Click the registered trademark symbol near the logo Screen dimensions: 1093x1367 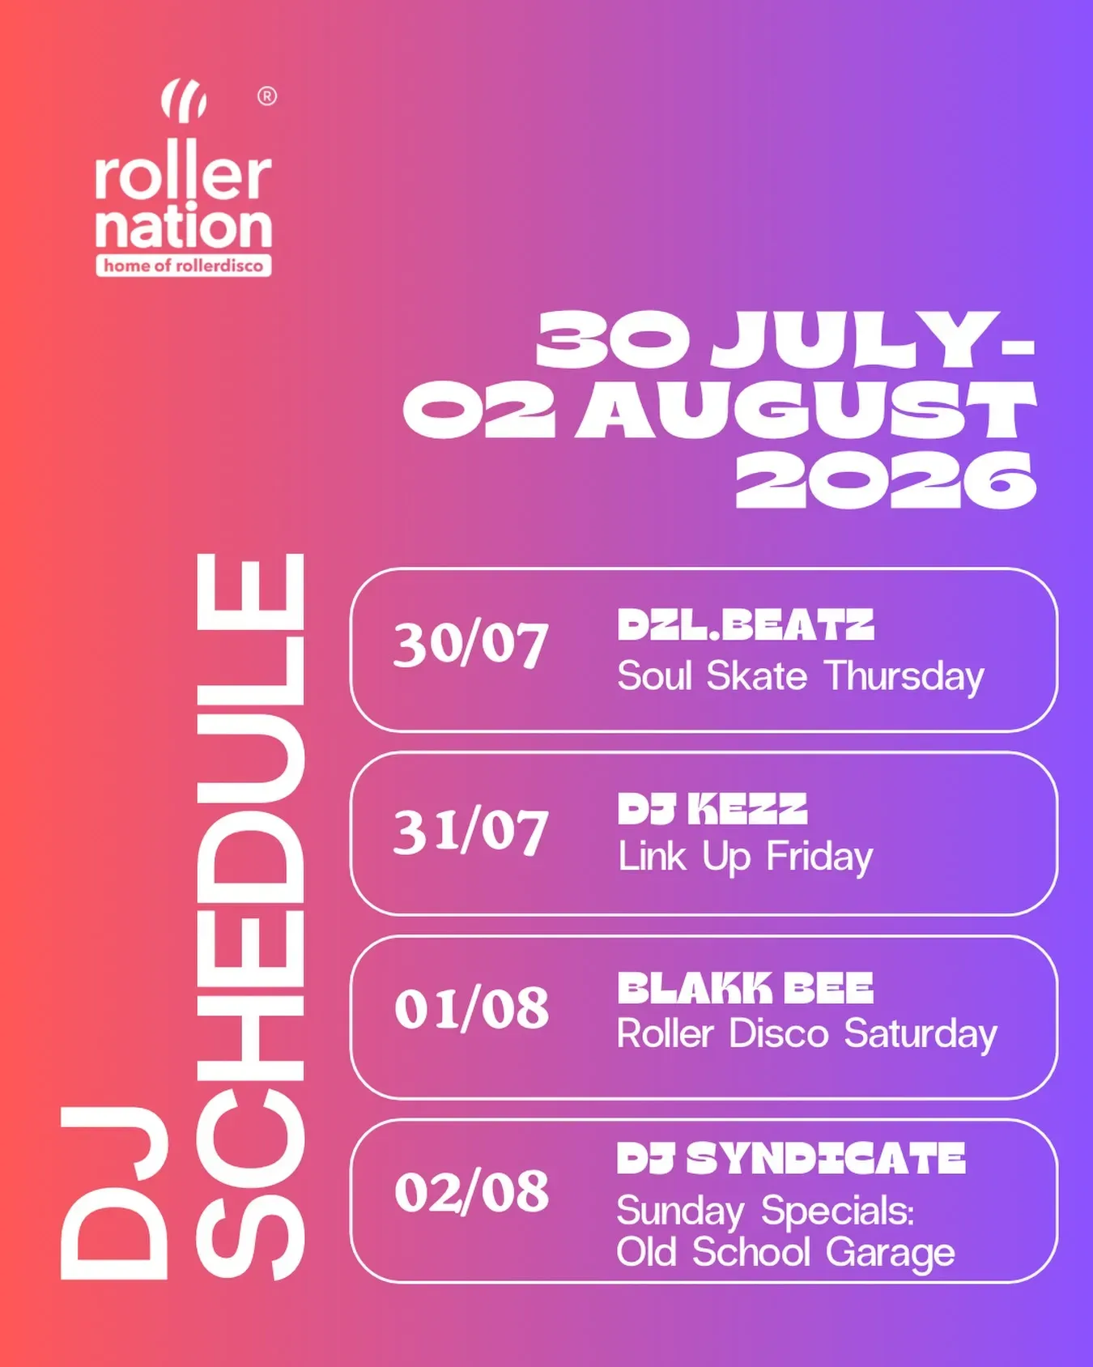(x=266, y=96)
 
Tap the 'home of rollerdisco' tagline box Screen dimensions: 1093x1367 (x=184, y=266)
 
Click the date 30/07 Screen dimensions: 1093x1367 (x=471, y=645)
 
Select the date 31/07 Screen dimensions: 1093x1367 (x=471, y=832)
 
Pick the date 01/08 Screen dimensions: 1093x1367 (x=472, y=1009)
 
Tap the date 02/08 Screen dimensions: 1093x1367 (x=472, y=1192)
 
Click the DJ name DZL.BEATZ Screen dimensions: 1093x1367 (x=746, y=625)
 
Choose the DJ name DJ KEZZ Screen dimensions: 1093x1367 (x=712, y=809)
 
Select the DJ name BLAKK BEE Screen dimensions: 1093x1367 (x=746, y=988)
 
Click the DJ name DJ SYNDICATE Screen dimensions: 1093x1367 (x=791, y=1159)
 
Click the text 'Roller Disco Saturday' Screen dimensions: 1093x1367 (x=807, y=1035)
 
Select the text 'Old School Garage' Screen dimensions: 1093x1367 (x=786, y=1252)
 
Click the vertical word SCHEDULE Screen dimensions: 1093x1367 (x=250, y=916)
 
